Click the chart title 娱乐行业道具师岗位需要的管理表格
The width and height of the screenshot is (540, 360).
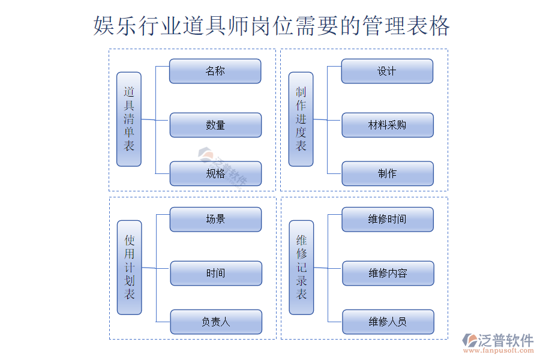271,26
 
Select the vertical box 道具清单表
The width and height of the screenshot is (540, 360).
129,119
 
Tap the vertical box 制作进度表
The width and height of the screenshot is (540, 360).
301,119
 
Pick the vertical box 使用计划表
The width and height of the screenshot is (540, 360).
129,267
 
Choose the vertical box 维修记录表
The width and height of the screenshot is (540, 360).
301,267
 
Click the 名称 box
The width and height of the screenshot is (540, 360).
215,71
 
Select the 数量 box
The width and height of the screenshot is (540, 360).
215,125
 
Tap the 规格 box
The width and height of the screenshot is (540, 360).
215,173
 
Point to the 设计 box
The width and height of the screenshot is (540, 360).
387,71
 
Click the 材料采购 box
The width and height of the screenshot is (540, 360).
387,125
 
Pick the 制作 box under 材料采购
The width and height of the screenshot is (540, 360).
387,173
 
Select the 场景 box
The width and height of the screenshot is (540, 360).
215,219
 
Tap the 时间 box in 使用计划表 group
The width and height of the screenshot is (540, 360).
215,273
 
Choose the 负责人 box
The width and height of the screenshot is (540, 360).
215,322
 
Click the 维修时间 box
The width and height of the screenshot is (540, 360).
387,219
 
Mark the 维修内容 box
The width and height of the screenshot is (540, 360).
388,273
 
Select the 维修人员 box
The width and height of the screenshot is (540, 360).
388,322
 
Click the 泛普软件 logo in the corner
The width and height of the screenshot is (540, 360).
499,341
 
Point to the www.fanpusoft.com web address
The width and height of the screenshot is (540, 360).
499,353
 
